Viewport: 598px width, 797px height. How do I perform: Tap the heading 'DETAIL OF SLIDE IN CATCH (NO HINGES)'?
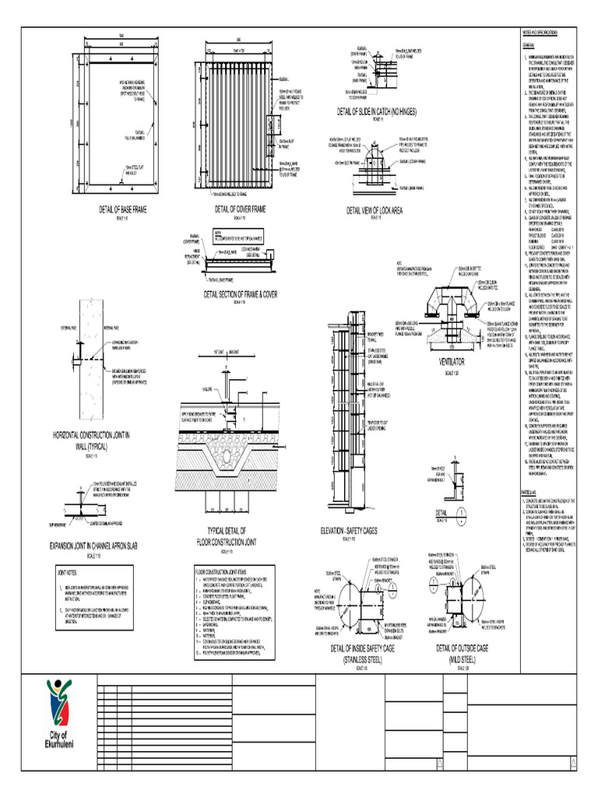click(x=377, y=113)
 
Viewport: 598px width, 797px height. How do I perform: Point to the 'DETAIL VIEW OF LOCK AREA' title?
click(x=375, y=211)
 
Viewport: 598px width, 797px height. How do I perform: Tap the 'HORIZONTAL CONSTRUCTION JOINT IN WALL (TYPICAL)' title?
click(x=91, y=437)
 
